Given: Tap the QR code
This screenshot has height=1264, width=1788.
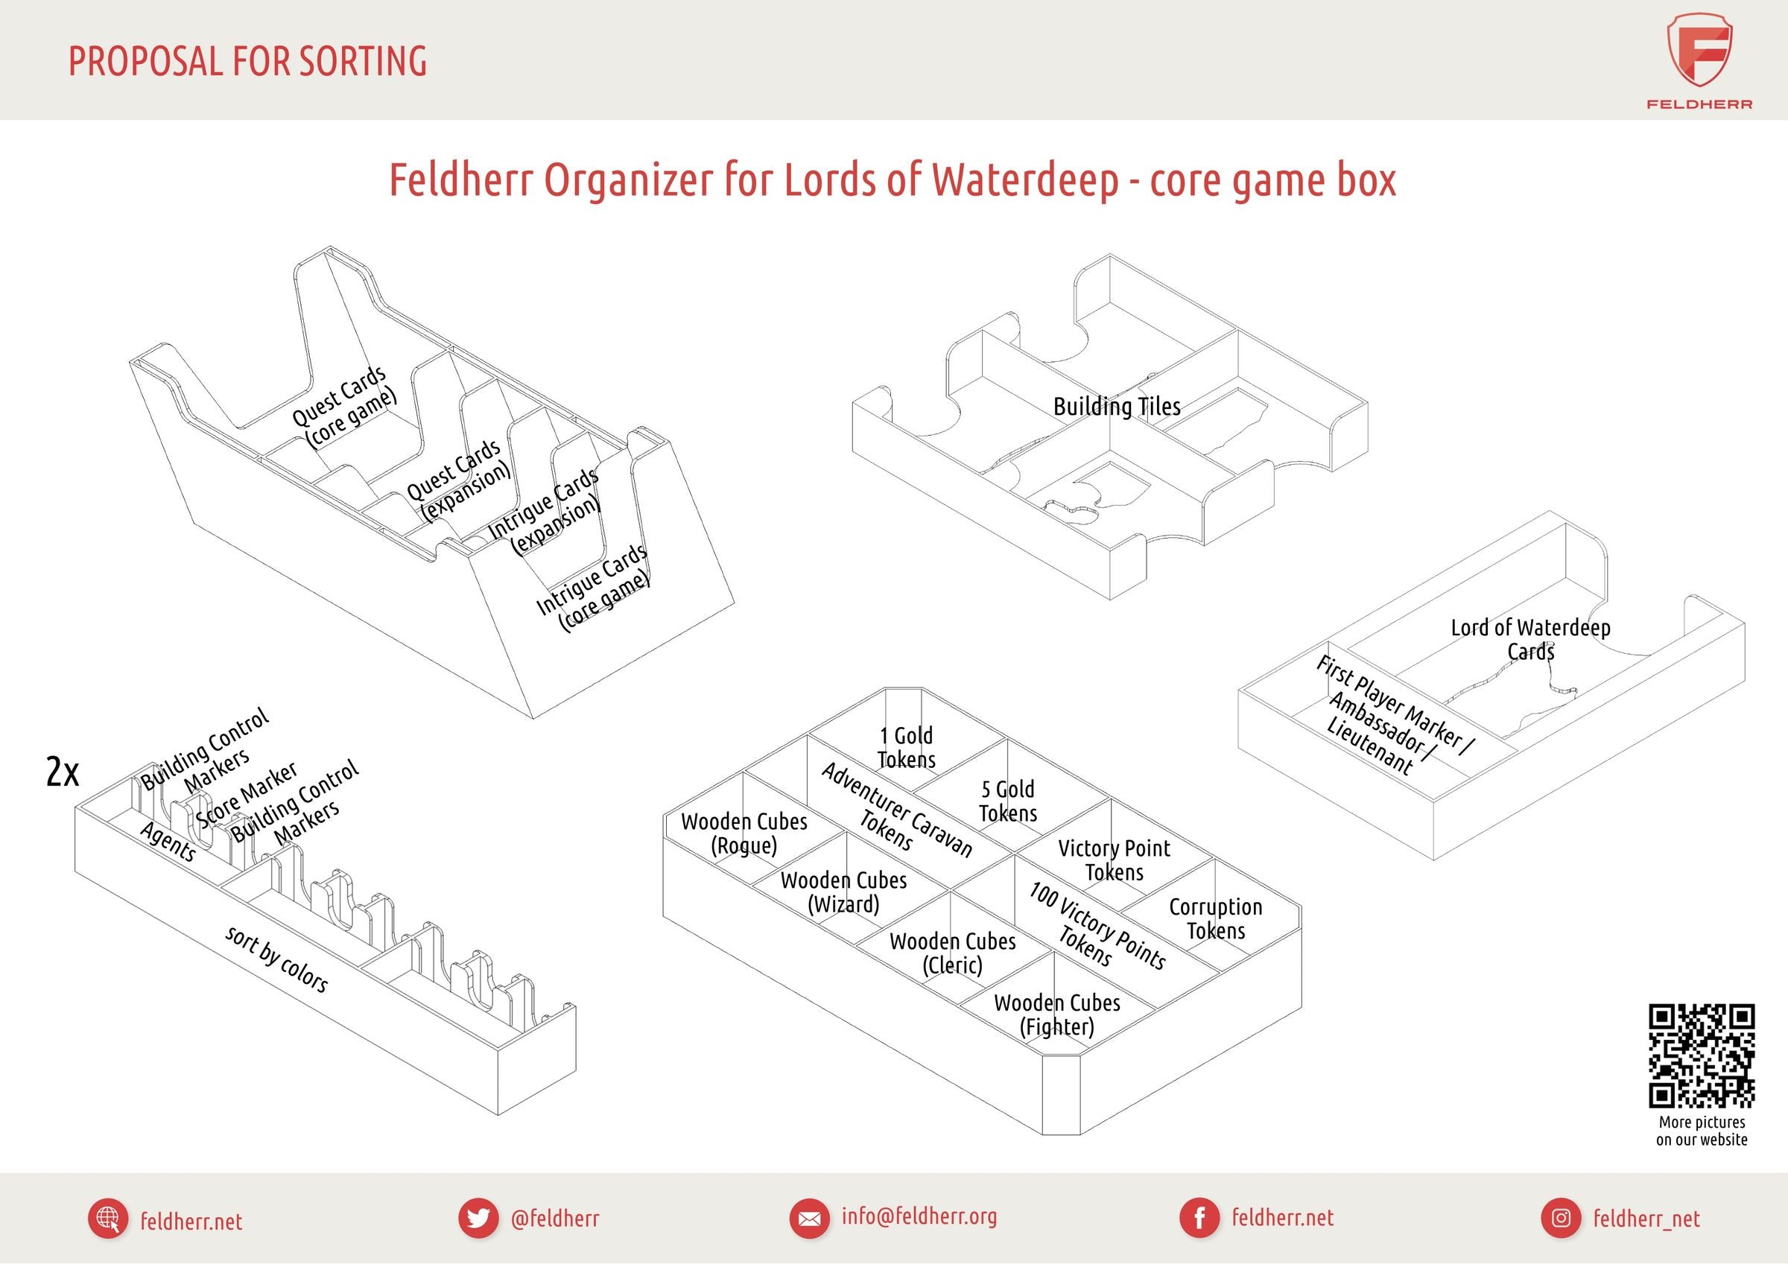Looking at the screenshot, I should coord(1702,1055).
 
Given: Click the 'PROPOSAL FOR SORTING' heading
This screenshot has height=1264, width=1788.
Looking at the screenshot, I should coord(247,62).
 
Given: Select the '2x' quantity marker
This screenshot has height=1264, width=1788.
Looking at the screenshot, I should coord(63,772).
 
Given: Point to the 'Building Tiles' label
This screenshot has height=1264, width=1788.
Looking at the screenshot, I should coord(1116,407).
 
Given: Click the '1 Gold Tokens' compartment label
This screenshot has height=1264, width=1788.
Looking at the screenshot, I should coord(907,748).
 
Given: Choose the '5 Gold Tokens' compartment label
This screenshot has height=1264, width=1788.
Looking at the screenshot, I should coord(1008,801).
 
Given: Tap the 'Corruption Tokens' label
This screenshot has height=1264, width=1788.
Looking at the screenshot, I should coord(1216,919).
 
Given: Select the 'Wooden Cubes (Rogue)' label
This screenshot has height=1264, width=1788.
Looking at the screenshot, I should coord(744,833).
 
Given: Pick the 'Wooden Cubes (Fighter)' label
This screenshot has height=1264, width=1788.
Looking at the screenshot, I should coord(1056,1014).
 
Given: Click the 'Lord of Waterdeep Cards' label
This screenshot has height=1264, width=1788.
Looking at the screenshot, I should coord(1530,639).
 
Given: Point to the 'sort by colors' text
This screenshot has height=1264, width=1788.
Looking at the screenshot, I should coord(276,959).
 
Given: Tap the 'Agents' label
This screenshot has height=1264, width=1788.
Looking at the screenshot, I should coord(168,842).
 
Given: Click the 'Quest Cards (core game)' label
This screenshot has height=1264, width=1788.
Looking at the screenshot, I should coord(344,407).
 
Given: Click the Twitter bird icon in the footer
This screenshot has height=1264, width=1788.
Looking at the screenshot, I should coord(478,1218).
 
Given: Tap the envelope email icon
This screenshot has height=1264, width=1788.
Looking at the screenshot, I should coord(809,1218).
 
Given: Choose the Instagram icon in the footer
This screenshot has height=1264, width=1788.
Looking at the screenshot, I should coord(1561,1218).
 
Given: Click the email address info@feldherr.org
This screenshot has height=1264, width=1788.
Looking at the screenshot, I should coord(919,1216).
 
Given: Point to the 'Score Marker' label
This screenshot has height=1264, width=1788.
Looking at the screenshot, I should coord(247,795).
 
